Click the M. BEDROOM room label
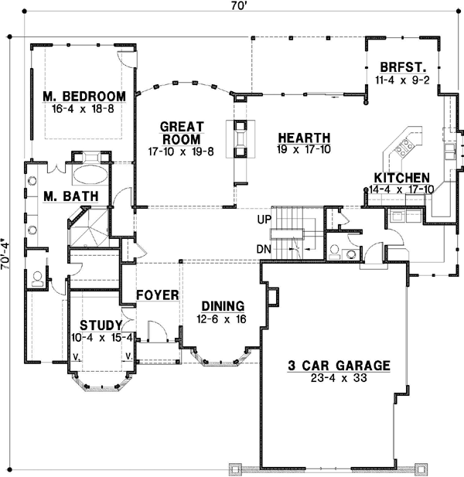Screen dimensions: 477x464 point(84,96)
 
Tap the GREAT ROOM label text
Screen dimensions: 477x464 point(181,132)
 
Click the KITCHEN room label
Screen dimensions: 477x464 point(402,177)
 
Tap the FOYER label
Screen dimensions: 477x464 point(158,295)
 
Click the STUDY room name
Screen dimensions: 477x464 point(102,325)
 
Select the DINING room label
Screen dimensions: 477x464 point(223,305)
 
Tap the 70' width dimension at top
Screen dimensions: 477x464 point(233,8)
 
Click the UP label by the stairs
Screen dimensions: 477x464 point(264,220)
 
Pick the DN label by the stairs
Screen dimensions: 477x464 point(264,249)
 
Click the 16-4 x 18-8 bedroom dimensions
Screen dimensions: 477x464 point(84,109)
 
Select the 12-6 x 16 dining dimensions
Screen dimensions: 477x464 point(223,318)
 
